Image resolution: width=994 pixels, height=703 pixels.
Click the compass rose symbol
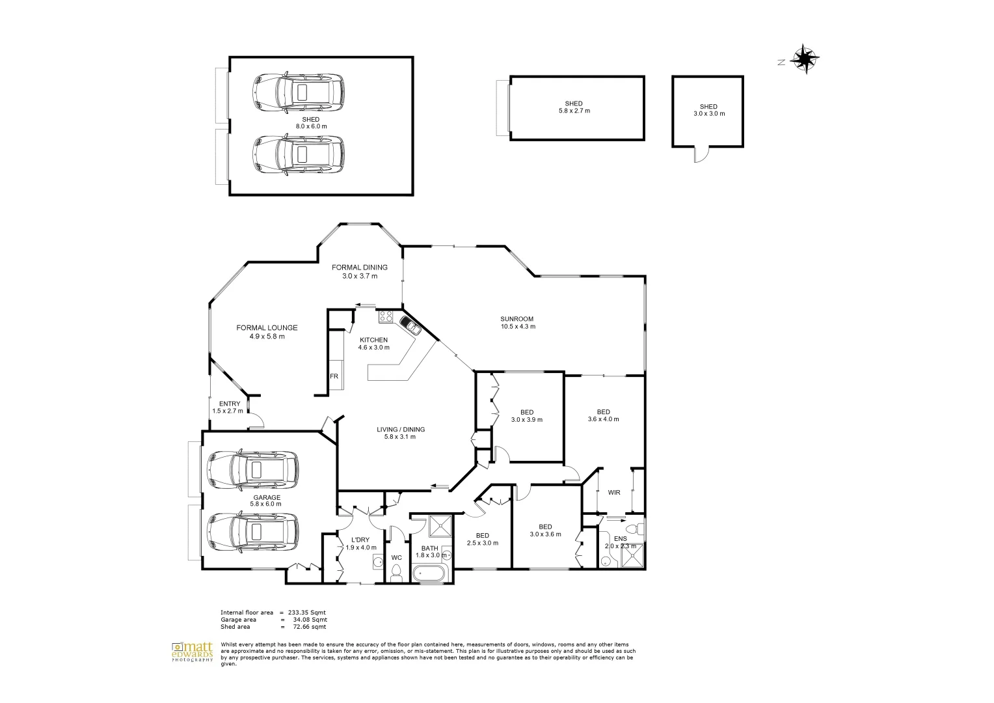coord(805,60)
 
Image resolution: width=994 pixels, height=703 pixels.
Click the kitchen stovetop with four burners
coord(386,317)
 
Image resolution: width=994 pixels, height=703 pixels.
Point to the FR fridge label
coord(334,376)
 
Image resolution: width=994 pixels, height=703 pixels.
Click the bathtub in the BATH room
coord(429,574)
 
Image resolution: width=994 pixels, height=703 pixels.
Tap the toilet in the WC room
coord(396,573)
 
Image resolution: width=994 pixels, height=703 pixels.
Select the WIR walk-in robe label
coord(613,493)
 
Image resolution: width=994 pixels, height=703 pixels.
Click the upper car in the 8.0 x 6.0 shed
coord(298,92)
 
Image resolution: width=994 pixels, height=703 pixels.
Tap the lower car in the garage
coord(252,531)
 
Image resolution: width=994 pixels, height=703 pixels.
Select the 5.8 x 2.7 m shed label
coord(573,107)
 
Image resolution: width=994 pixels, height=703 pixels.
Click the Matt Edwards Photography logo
coord(193,652)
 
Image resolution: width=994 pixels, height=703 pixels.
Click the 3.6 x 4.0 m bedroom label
coord(603,415)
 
